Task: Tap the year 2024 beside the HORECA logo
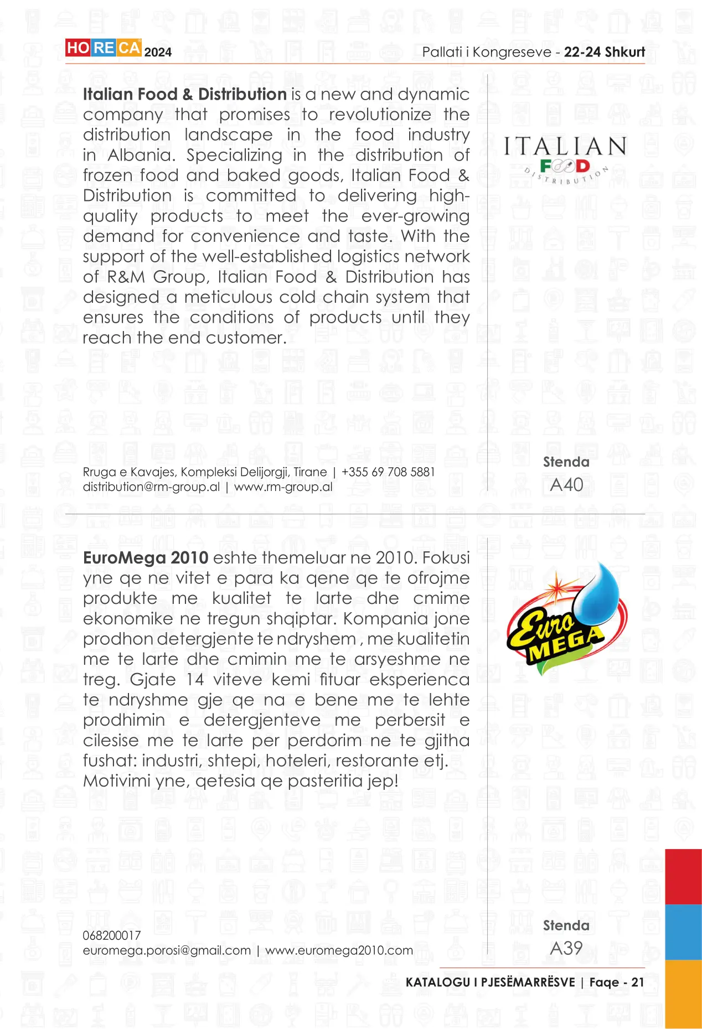point(158,52)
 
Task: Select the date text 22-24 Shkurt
point(604,52)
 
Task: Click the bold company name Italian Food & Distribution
point(184,94)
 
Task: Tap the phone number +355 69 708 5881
point(388,472)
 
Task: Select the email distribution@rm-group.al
point(151,487)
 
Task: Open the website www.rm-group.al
point(283,487)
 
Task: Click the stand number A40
point(566,485)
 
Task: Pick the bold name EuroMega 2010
point(146,558)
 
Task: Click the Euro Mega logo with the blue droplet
point(566,618)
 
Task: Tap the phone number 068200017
point(112,935)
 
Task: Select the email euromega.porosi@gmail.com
point(167,950)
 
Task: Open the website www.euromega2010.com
point(339,950)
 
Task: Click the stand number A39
point(566,948)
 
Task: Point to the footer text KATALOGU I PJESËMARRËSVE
point(490,983)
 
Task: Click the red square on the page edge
point(683,876)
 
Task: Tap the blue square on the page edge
point(683,932)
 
